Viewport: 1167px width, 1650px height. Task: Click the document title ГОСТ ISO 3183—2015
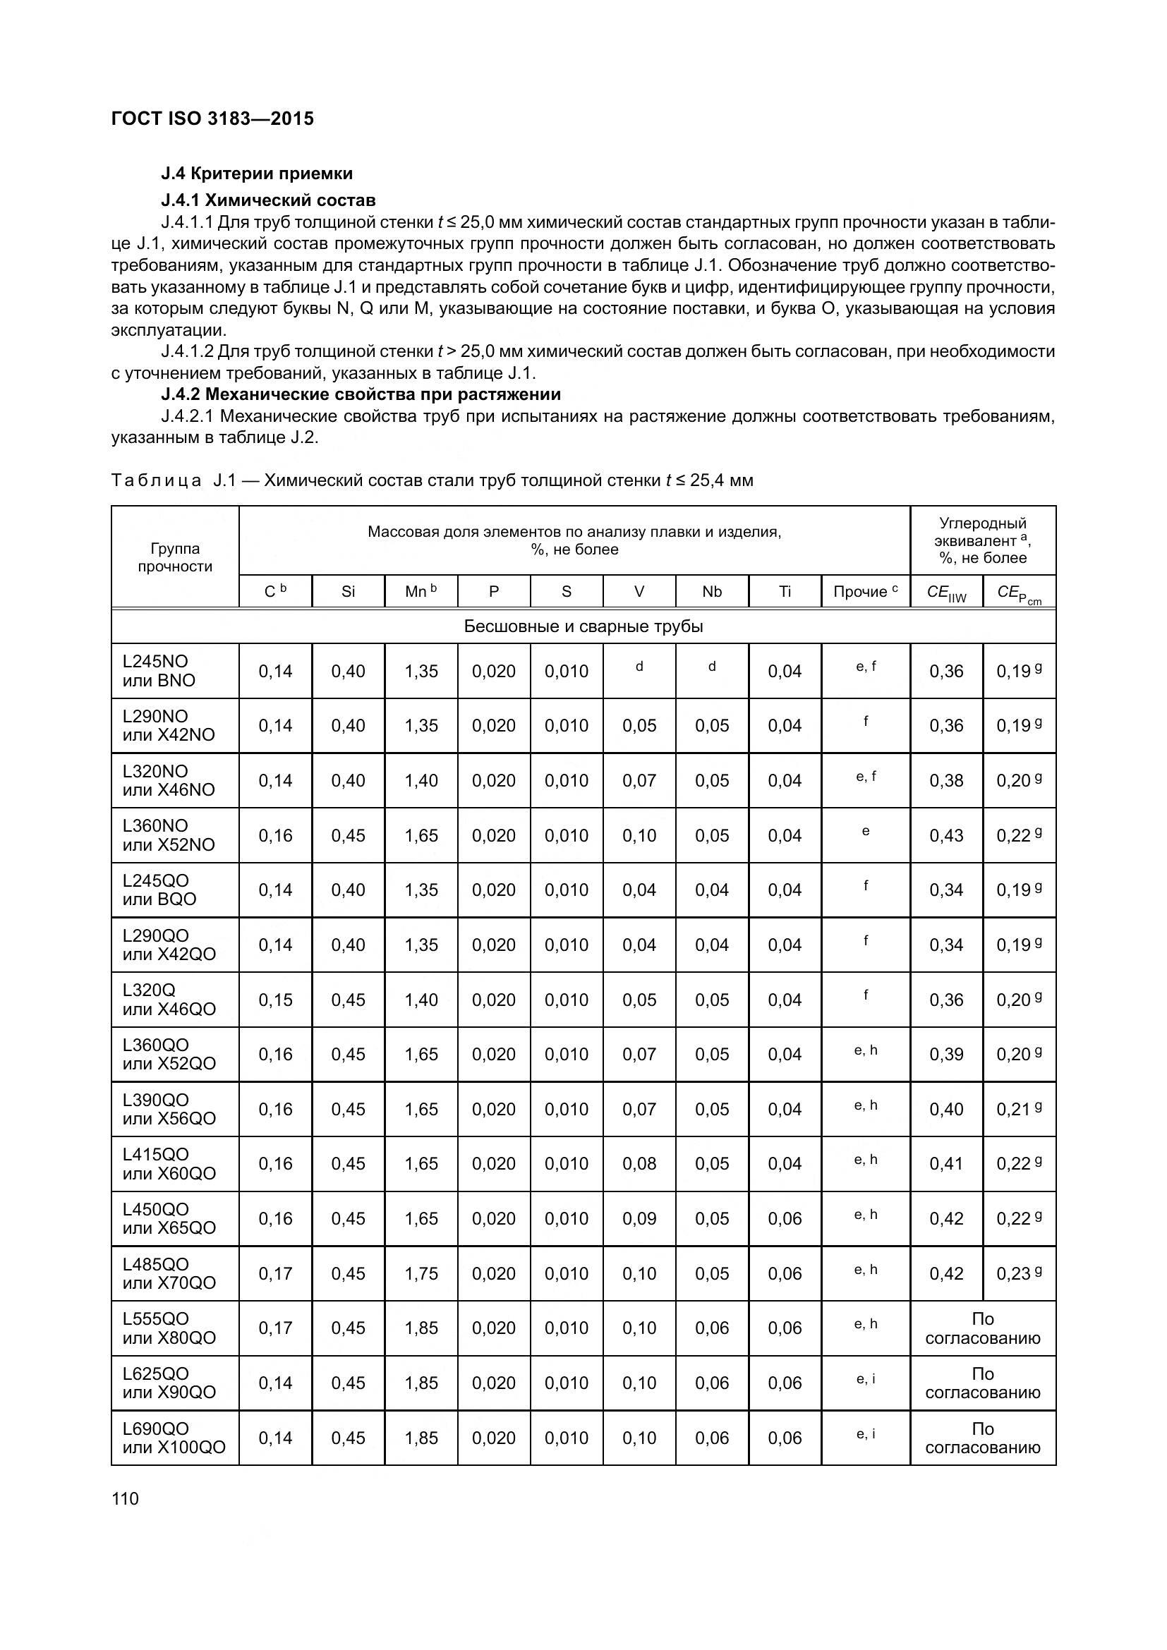(212, 119)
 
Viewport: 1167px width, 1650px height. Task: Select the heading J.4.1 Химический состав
(268, 200)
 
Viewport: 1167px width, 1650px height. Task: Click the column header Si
(348, 591)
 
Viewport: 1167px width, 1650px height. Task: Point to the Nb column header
(711, 591)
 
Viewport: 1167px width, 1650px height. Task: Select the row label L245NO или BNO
(159, 670)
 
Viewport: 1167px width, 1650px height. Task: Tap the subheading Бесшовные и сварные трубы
(583, 626)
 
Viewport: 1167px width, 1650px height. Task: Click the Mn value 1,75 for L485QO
(421, 1273)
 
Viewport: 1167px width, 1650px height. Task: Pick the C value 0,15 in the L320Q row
(275, 1000)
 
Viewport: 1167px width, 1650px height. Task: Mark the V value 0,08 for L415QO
(639, 1163)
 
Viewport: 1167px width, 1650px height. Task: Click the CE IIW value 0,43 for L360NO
(945, 835)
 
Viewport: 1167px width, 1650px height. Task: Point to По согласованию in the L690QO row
(982, 1438)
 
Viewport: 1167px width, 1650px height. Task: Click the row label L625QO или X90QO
(169, 1383)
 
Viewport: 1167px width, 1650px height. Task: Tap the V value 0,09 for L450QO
(639, 1218)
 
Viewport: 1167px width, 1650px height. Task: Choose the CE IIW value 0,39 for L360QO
(945, 1054)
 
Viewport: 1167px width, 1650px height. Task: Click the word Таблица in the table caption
(156, 480)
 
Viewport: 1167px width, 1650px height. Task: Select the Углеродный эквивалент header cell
(982, 540)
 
